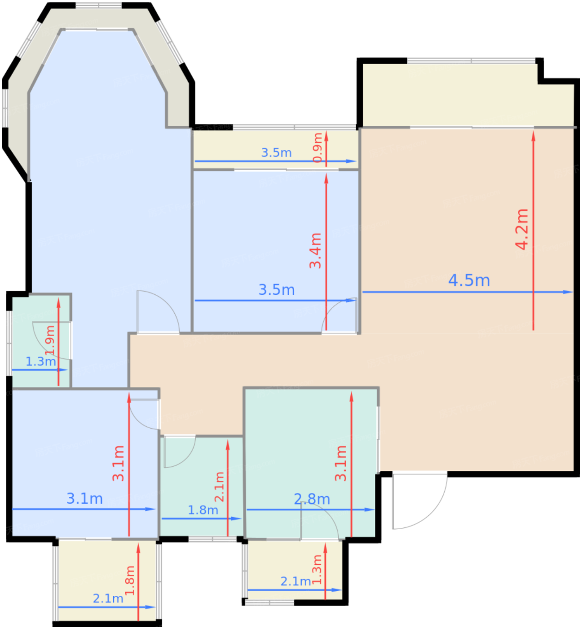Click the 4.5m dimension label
(469, 281)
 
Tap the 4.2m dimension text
(521, 229)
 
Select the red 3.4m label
(315, 251)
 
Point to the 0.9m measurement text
(317, 147)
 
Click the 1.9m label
(50, 341)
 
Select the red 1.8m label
(130, 580)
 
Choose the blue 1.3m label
(40, 361)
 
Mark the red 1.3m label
(317, 569)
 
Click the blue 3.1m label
(84, 499)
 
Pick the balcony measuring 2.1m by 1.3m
(295, 570)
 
